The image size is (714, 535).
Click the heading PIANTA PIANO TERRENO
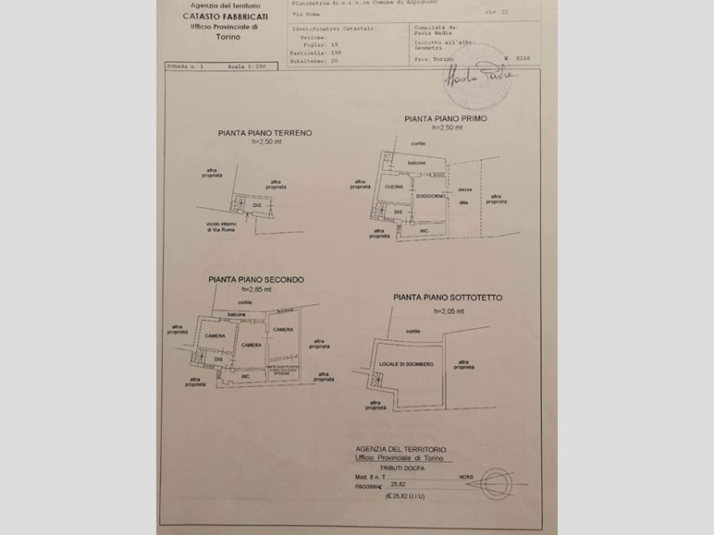click(265, 133)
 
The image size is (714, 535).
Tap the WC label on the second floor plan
click(246, 376)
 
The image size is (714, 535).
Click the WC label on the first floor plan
click(424, 230)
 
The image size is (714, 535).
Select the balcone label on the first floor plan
click(416, 164)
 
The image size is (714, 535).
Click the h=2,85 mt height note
click(255, 290)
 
